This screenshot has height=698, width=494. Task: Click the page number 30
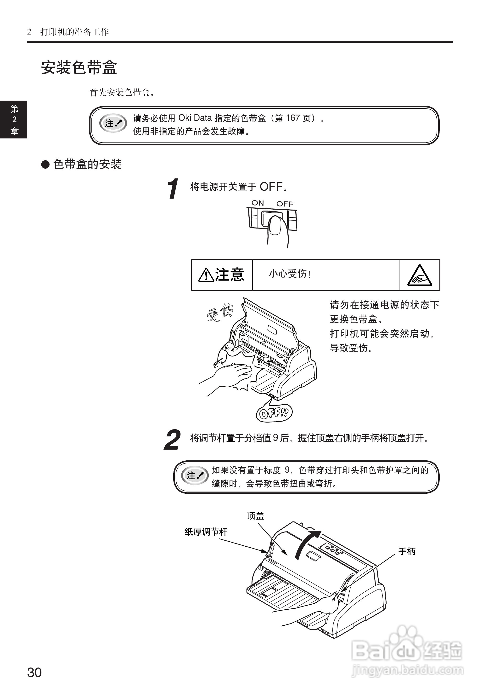click(x=34, y=672)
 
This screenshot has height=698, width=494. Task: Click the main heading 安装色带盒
click(x=79, y=68)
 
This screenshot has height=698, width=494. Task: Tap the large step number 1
click(x=173, y=189)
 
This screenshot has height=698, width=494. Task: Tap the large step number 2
click(x=172, y=440)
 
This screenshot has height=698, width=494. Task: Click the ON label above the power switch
click(x=257, y=203)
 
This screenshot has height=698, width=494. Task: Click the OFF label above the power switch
click(x=285, y=204)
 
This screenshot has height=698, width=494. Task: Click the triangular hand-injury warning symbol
click(x=420, y=275)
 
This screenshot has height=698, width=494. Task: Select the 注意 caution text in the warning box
click(x=230, y=275)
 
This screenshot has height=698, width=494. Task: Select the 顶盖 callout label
click(x=256, y=516)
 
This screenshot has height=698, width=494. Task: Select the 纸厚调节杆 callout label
click(x=206, y=532)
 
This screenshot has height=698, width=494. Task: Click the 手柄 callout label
click(x=407, y=551)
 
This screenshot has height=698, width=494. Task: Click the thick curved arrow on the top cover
click(x=306, y=545)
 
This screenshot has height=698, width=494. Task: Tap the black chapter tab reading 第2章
click(x=14, y=120)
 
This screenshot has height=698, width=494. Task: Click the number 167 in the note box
click(x=293, y=118)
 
